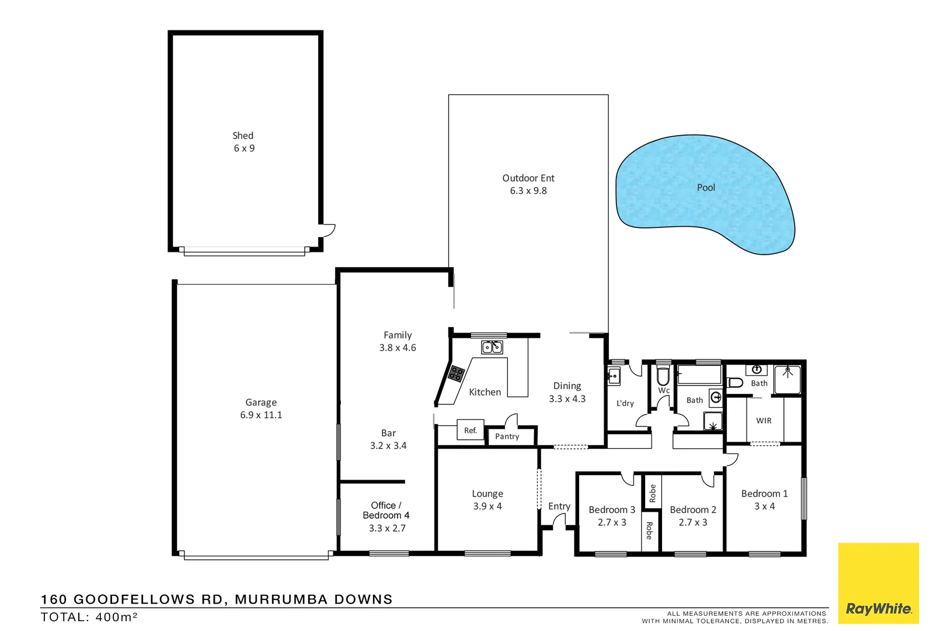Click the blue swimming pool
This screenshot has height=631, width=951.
(705, 193)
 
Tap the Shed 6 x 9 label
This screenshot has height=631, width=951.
(243, 141)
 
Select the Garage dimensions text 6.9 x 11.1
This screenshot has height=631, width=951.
(261, 415)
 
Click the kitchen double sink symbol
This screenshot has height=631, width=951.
(492, 348)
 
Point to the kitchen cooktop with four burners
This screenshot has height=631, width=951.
(456, 373)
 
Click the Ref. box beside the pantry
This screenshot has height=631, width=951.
(471, 431)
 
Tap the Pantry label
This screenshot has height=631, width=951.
(507, 436)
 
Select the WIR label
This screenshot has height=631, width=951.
(764, 421)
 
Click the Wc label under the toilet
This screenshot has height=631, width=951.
(664, 390)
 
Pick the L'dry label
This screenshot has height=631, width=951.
(625, 403)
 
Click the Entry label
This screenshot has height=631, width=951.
(559, 507)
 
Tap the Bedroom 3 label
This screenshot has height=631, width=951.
(611, 509)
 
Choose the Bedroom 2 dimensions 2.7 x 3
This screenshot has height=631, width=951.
(692, 522)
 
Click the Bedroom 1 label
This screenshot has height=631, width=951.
(764, 494)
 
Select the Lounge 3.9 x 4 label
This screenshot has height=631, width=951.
(487, 500)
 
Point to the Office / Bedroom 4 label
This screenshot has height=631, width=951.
(386, 510)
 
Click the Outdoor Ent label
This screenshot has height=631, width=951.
(528, 178)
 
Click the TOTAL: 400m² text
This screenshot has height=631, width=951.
(89, 617)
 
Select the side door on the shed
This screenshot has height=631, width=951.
(329, 230)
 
